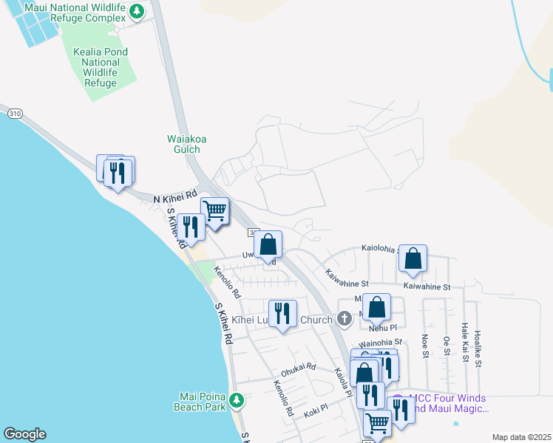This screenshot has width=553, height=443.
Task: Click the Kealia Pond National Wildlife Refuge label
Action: tap(101, 67)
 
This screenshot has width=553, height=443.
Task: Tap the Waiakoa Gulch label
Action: tap(183, 143)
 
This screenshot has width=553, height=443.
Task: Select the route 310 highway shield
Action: tap(15, 114)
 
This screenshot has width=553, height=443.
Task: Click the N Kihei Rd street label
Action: tap(174, 198)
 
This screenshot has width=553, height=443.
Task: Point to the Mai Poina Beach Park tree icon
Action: tap(236, 400)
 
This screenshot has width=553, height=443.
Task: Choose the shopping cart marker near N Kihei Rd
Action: tap(214, 211)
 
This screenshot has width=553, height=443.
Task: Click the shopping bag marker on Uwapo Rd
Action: tap(268, 244)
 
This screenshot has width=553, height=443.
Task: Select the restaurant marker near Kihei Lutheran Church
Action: tap(282, 314)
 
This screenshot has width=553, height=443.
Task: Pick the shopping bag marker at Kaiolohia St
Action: tap(413, 258)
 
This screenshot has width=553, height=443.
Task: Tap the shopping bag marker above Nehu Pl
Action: tap(376, 307)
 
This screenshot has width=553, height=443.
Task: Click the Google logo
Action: tap(24, 434)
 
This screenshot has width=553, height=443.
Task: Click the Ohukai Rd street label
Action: tap(298, 367)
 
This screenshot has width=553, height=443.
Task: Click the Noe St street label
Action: tap(425, 345)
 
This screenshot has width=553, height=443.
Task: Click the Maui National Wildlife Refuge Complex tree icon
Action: tap(136, 11)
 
